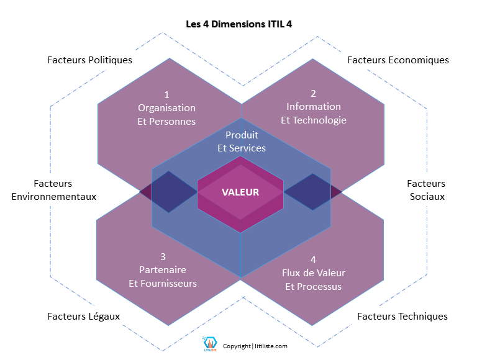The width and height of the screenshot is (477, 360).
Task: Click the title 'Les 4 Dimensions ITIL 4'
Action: click(239, 25)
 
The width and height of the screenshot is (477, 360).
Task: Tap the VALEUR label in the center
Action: click(240, 192)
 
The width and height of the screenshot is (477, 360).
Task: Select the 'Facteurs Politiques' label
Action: click(90, 60)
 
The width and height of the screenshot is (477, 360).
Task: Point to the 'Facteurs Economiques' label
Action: click(398, 60)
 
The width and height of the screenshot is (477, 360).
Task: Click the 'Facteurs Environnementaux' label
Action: click(53, 190)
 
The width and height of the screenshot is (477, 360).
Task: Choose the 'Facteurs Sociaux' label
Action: click(426, 190)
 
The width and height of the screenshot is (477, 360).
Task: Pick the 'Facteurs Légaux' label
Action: click(84, 317)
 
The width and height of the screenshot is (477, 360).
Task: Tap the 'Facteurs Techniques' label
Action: click(402, 317)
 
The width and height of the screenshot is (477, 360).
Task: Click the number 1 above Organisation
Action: click(166, 95)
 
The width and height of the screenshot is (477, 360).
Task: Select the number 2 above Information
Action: click(314, 94)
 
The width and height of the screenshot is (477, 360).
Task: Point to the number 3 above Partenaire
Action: click(163, 257)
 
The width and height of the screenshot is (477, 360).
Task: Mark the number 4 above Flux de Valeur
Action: click(314, 259)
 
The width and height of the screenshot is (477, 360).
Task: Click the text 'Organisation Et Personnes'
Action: click(166, 115)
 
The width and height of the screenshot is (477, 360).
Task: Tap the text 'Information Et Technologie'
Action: click(314, 113)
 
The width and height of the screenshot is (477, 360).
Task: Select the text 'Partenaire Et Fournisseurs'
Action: click(163, 277)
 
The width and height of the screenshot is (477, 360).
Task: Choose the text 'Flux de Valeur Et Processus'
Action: click(314, 279)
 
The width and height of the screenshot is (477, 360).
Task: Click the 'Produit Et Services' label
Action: click(242, 142)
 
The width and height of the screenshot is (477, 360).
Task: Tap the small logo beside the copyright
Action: click(209, 344)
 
